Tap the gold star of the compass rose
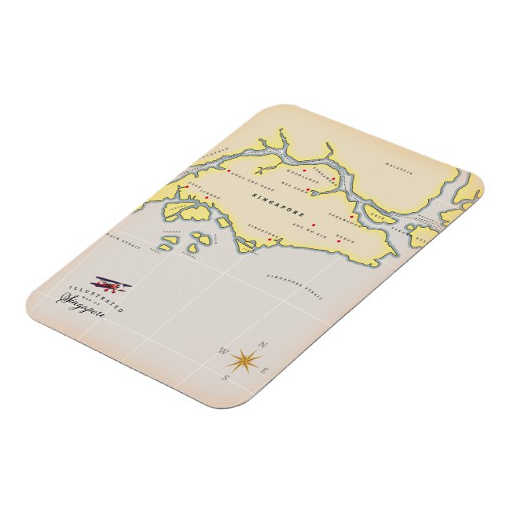click(x=244, y=359)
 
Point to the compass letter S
click(x=227, y=377)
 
